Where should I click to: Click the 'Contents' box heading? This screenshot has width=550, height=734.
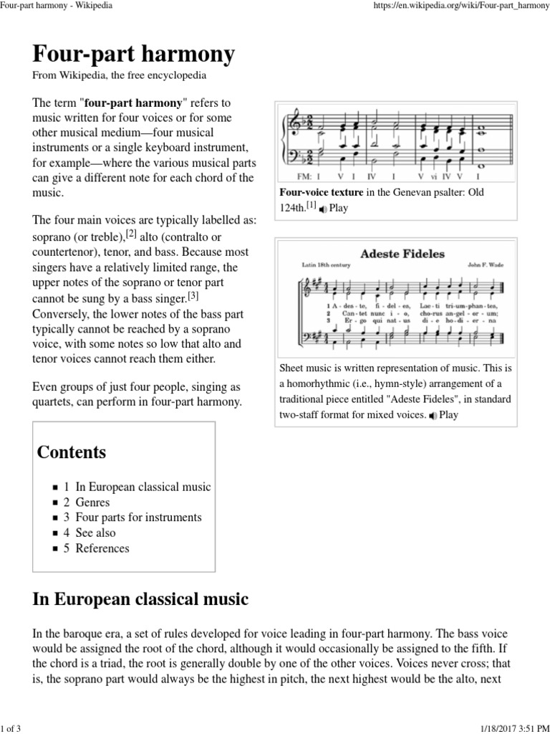[x=72, y=452]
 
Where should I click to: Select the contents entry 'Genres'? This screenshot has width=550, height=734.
[x=92, y=502]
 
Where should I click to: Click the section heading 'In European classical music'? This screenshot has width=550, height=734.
[x=140, y=599]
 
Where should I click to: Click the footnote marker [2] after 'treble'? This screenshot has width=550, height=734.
[x=131, y=233]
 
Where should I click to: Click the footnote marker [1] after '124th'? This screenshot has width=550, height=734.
[x=312, y=206]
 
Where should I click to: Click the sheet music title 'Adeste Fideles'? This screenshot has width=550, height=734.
[x=402, y=253]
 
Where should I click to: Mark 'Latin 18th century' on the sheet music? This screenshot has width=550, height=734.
[x=326, y=265]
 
